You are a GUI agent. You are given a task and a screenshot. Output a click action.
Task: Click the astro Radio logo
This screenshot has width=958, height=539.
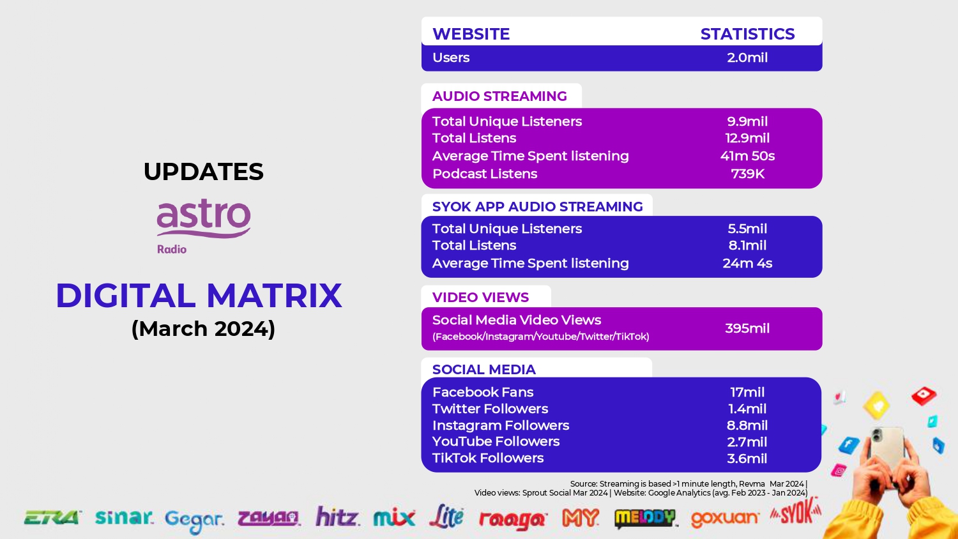coord(204,226)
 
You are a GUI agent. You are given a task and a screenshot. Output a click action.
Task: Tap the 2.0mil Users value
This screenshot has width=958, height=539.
coord(747,57)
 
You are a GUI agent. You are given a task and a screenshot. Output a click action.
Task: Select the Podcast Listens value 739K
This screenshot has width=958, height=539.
coord(748,174)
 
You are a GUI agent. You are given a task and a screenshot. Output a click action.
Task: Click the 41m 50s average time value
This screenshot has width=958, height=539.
coord(747,156)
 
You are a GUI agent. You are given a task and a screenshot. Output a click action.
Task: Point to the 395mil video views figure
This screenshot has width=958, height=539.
coord(747,328)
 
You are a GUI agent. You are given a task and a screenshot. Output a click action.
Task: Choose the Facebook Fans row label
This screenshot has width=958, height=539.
coord(483,392)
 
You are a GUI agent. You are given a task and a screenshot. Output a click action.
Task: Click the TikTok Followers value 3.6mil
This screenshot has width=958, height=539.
coord(747,459)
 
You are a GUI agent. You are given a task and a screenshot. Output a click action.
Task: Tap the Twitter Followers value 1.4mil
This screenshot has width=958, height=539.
coord(747,409)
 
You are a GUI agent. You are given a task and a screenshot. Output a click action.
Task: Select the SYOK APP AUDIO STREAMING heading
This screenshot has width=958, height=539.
coord(537,207)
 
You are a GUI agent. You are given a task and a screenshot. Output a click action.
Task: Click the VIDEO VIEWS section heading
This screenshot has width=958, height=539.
coord(480,298)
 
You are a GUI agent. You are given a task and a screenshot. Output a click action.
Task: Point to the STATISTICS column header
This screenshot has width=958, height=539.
coord(748,34)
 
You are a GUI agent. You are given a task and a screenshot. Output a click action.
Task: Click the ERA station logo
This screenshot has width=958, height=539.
coord(52,518)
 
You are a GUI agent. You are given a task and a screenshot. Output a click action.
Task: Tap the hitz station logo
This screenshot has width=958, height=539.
coord(337,516)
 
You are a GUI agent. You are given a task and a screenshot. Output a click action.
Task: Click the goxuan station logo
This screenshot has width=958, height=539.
coord(725,519)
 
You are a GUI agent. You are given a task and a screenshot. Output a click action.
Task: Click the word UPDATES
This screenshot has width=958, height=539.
coord(204,172)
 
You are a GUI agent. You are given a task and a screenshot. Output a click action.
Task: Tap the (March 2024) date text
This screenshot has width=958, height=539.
coord(203,329)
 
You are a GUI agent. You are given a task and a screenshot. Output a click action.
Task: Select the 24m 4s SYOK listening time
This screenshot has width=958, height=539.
coord(747,263)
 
